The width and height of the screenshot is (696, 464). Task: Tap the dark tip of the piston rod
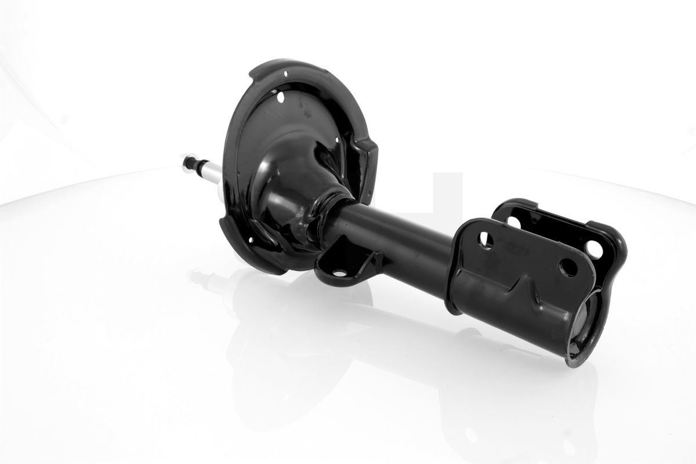187,162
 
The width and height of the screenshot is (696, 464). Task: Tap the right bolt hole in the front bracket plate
568,267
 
